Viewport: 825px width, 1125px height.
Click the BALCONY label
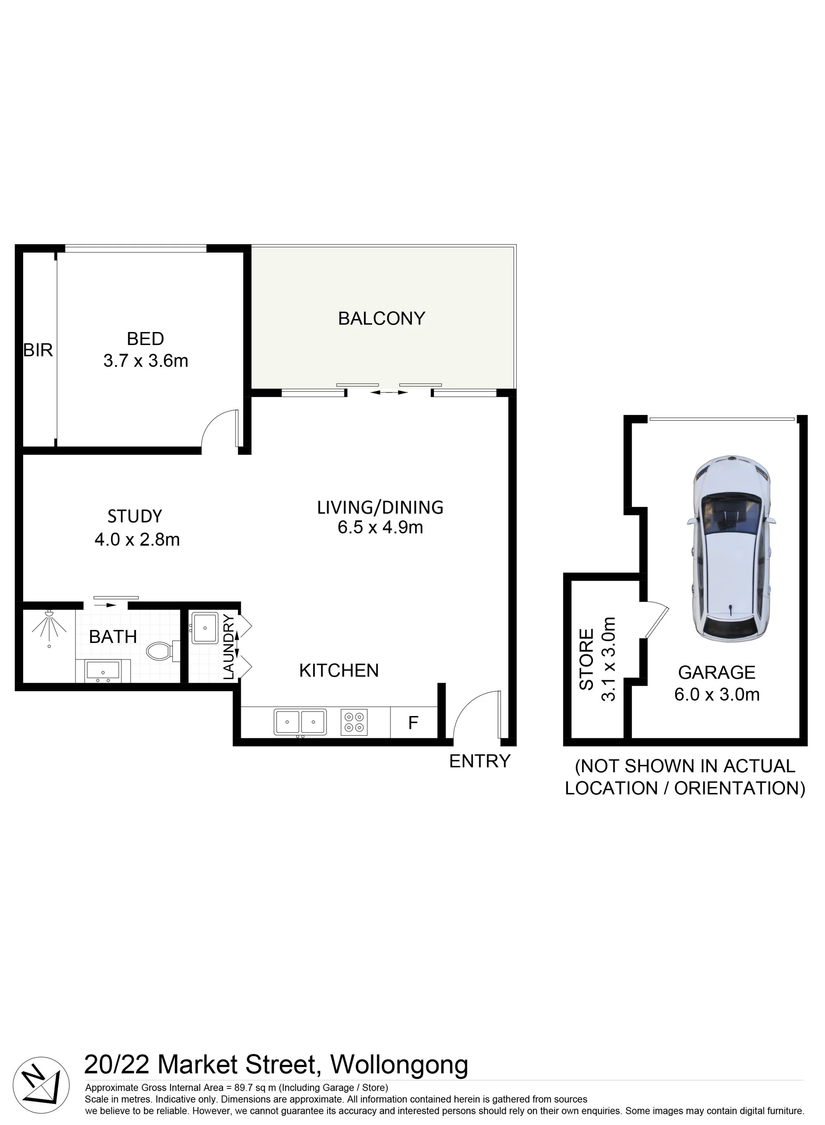pos(382,318)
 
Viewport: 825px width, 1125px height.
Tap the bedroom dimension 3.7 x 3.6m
pos(146,360)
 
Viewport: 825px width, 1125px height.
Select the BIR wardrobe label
pos(38,350)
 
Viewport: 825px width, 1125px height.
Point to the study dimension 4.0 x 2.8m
pos(137,539)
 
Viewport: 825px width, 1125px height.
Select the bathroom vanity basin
pos(103,670)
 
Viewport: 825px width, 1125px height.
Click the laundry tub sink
pos(205,628)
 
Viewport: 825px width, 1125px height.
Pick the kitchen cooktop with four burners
pos(354,722)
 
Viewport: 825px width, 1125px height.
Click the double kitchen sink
pos(300,722)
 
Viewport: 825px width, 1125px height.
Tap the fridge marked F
pos(413,722)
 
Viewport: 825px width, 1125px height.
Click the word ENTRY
pos(480,761)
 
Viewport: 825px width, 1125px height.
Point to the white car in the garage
pos(732,549)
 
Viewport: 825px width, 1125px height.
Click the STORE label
pos(586,659)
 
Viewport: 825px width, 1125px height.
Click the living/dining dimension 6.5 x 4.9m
pos(381,527)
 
